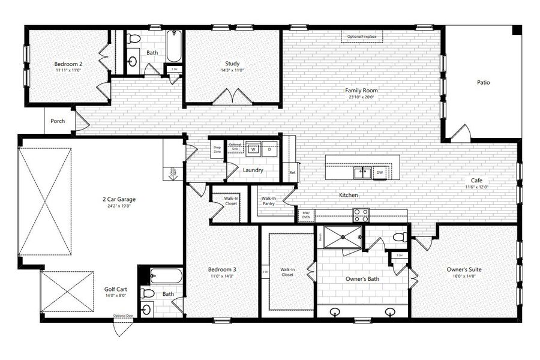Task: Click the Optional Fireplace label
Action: [x=362, y=37]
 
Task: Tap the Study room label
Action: [x=233, y=64]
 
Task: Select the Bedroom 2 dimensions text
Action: [x=68, y=70]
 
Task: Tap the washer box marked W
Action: [x=254, y=149]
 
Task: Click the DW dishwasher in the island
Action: [x=379, y=173]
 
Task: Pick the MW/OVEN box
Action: [x=305, y=214]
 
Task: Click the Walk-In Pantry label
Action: [x=269, y=200]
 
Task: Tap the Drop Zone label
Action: [x=217, y=150]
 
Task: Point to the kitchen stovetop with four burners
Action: [x=361, y=214]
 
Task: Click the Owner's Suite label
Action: [x=464, y=269]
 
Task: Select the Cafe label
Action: [x=477, y=180]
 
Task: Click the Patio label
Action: [x=483, y=82]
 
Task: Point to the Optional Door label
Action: [x=123, y=316]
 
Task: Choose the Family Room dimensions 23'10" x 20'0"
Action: [x=361, y=97]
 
